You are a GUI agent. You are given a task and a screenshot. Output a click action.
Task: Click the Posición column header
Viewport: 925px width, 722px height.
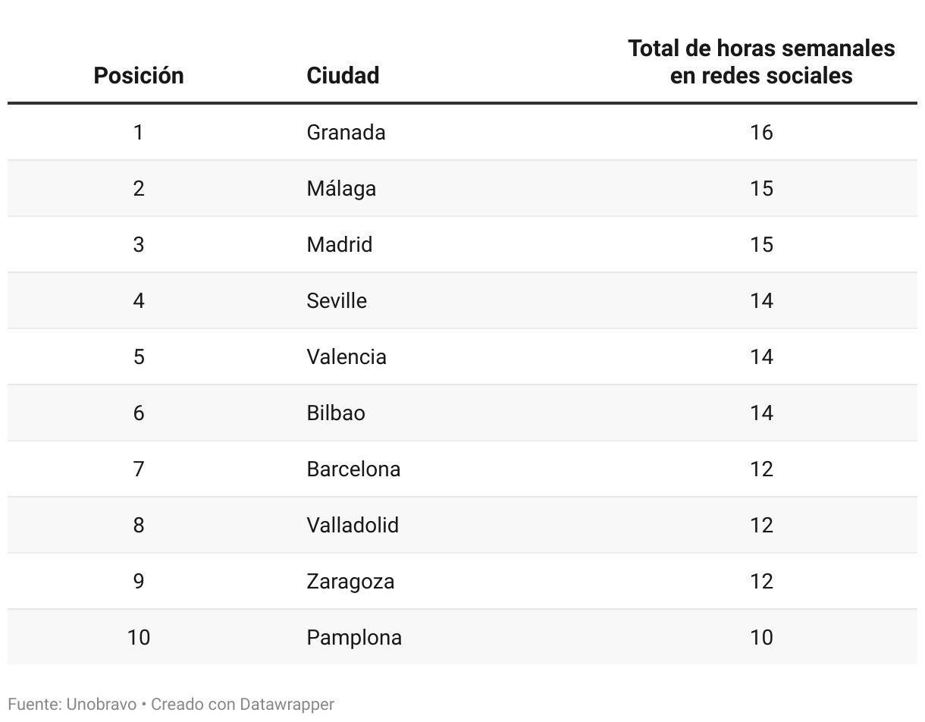tap(139, 76)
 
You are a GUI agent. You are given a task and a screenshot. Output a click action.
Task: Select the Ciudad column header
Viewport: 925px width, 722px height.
tap(343, 76)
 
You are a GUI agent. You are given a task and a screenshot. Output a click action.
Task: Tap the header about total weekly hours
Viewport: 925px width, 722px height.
tap(761, 62)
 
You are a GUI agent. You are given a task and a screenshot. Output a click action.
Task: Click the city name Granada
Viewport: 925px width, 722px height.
tap(346, 133)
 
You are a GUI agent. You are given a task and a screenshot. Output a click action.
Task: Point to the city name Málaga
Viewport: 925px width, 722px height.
tap(341, 189)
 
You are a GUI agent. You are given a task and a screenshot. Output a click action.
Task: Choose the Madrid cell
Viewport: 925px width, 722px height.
tap(339, 245)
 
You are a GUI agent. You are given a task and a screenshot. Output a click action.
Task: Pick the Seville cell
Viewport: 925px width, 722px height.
tap(337, 301)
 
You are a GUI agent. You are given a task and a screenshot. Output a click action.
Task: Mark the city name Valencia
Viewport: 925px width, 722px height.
tap(346, 357)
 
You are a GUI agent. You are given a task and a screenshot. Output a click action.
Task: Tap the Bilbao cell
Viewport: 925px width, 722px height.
tap(336, 413)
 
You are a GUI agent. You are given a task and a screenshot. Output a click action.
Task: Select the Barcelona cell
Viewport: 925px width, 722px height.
tap(353, 469)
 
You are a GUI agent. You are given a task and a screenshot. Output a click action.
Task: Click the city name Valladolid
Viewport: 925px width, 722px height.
tap(353, 526)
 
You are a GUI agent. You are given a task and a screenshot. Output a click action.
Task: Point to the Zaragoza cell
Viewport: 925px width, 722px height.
tap(350, 582)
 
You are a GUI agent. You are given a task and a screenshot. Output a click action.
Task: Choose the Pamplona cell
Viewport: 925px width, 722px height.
tap(354, 638)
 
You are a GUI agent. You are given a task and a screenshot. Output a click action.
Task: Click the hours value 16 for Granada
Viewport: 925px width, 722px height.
tap(761, 133)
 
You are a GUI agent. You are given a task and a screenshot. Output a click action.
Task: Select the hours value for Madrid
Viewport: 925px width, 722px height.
tap(761, 245)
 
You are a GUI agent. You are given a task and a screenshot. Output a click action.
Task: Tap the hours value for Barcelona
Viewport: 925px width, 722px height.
tap(761, 469)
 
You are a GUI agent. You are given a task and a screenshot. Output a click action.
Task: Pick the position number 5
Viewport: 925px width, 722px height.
tap(139, 357)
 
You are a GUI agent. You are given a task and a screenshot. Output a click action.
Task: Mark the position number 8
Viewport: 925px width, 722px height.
tap(139, 526)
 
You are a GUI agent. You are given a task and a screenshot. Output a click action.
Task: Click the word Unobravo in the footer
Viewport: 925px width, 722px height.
tap(102, 705)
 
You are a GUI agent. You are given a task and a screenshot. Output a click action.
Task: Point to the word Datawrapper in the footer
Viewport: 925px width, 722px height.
tap(287, 705)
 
